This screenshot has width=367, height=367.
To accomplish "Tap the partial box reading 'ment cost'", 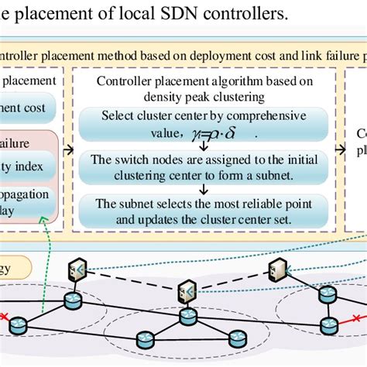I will (28, 108).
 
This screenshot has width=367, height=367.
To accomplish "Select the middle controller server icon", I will (186, 291).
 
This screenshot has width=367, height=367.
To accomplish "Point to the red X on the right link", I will (355, 317).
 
